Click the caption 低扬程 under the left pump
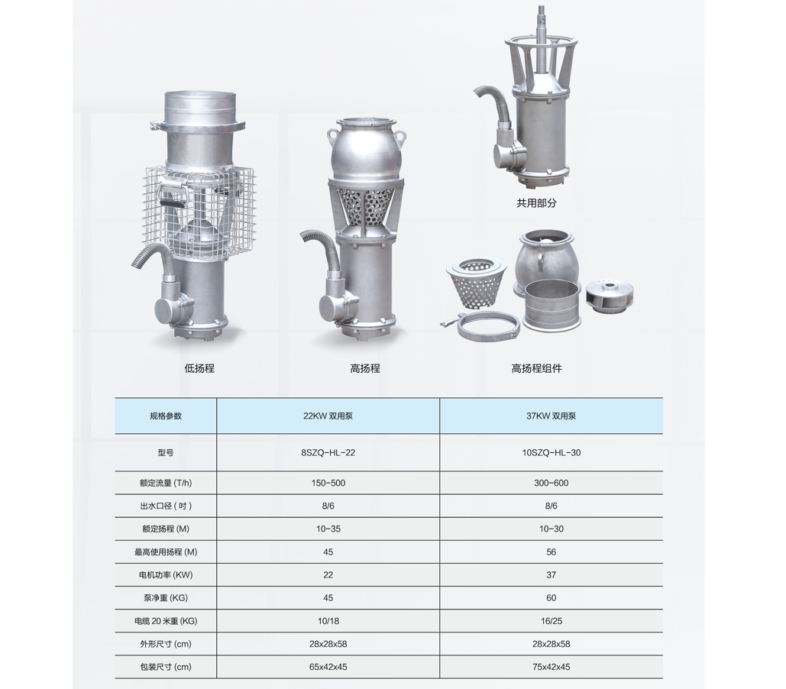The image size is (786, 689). click(x=199, y=369)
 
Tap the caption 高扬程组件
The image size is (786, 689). click(x=536, y=369)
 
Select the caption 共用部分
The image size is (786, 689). click(x=536, y=203)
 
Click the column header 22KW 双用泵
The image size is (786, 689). click(x=328, y=416)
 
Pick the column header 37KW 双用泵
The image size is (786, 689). click(x=551, y=416)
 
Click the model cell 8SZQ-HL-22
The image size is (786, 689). click(x=328, y=452)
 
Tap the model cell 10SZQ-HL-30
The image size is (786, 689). click(x=551, y=452)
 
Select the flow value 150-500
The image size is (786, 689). click(x=328, y=483)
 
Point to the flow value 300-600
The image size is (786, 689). click(x=551, y=483)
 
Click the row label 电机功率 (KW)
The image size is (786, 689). click(x=166, y=574)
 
